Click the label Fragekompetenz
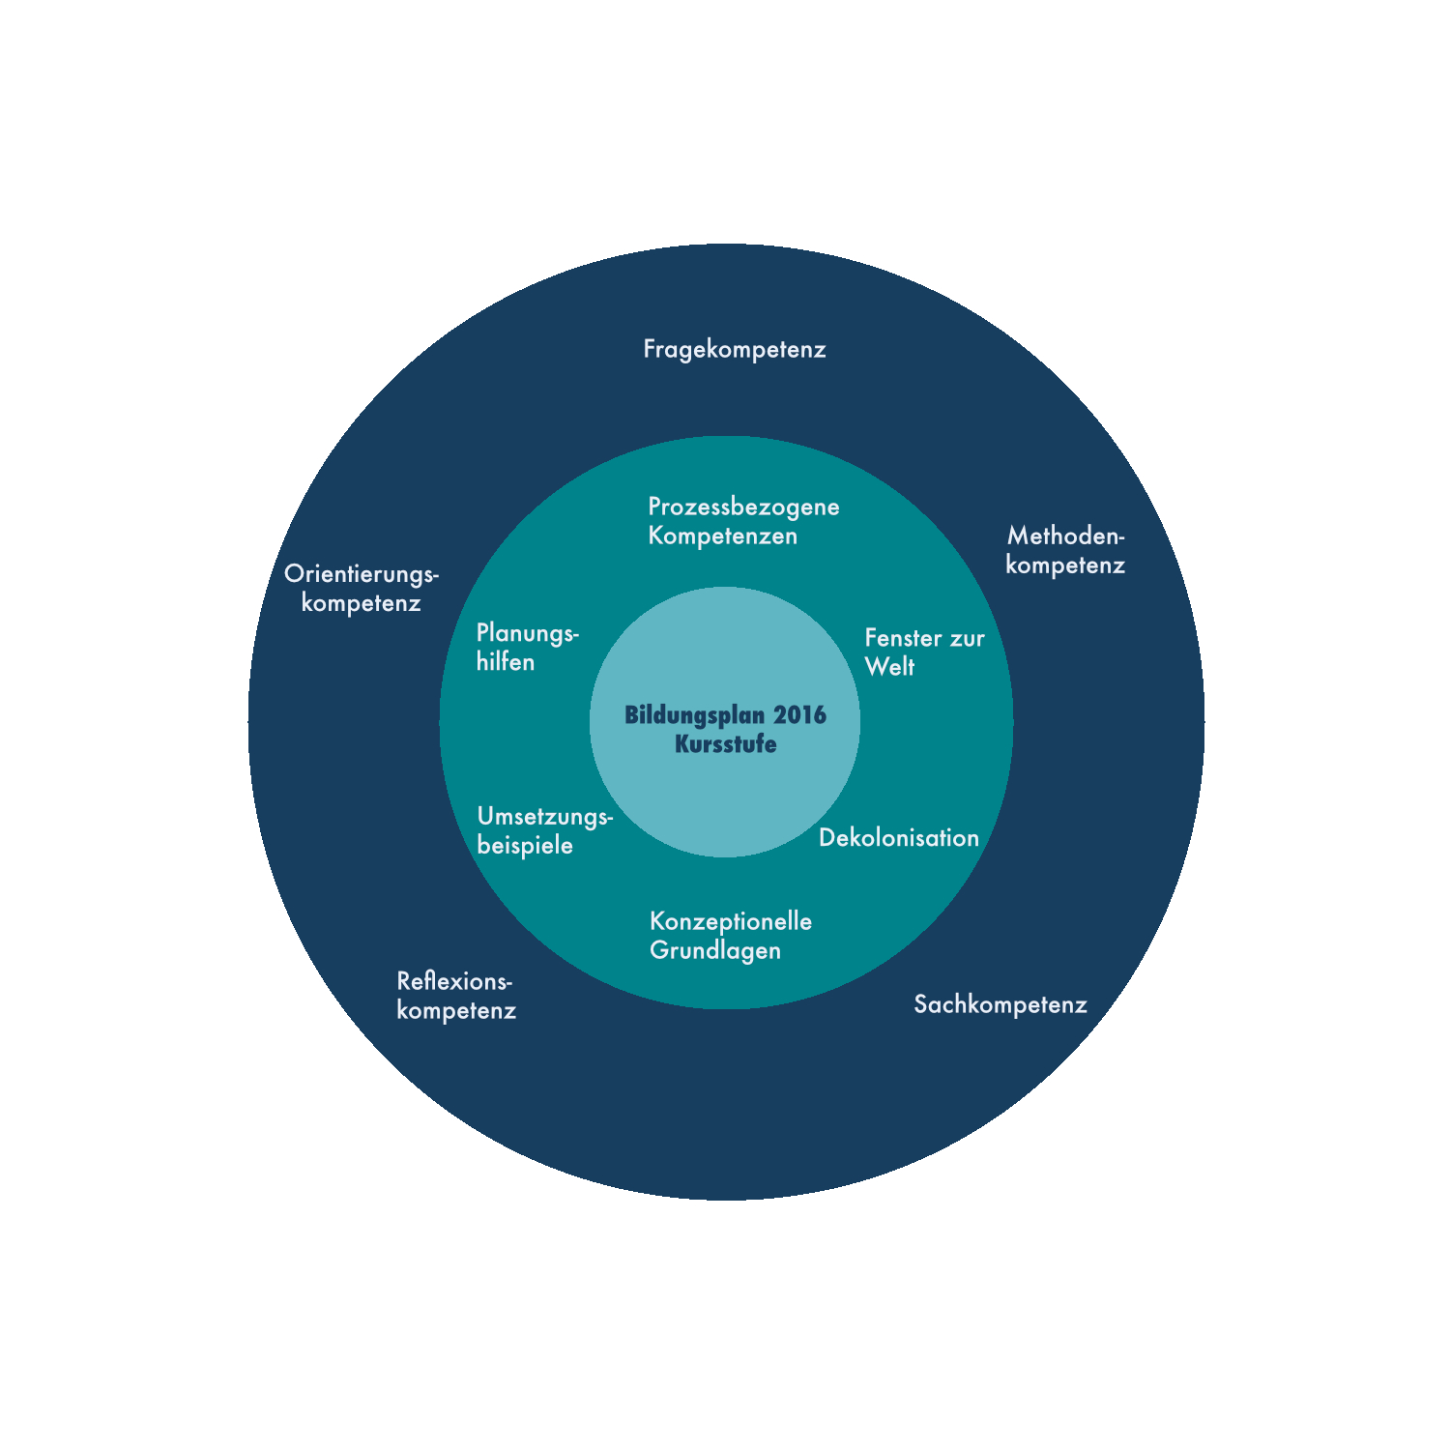click(x=735, y=349)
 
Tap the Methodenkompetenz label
click(x=1065, y=550)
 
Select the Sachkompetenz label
click(x=1000, y=1004)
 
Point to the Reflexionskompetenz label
click(x=455, y=996)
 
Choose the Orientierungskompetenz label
click(x=362, y=588)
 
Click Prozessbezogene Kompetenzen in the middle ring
click(x=743, y=521)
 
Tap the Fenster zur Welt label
click(x=923, y=652)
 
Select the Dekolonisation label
click(x=899, y=837)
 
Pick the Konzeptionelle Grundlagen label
click(x=730, y=935)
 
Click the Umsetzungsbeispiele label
click(x=544, y=830)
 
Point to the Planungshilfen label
click(x=527, y=648)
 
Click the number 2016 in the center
click(x=799, y=715)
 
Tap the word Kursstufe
click(x=725, y=744)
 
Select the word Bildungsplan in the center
click(x=694, y=715)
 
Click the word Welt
click(x=889, y=667)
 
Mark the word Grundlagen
click(x=715, y=950)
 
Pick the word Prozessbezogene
click(x=743, y=507)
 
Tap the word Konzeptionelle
click(x=730, y=921)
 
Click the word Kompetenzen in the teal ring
click(x=722, y=536)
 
